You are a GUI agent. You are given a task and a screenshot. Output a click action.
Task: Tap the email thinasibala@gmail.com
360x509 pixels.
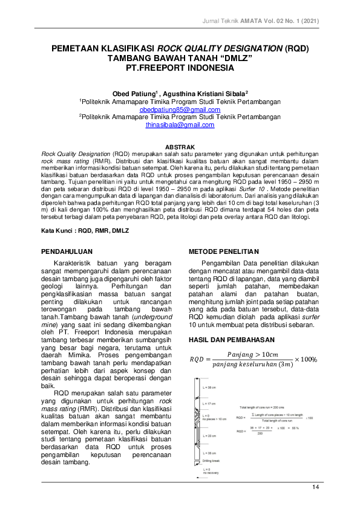pos(180,125)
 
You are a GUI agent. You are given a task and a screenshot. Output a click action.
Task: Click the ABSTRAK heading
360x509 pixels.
pos(180,146)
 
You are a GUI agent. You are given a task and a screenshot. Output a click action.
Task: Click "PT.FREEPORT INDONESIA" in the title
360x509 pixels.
pos(180,69)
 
